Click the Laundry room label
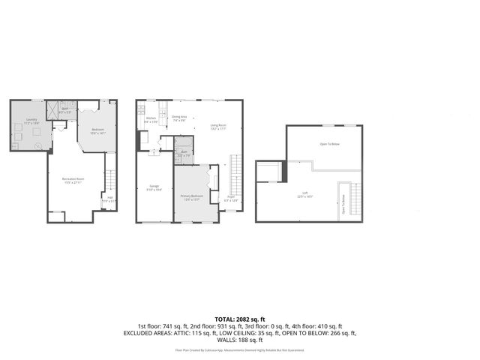(x=31, y=121)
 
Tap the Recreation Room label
(x=73, y=179)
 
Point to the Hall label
(x=109, y=199)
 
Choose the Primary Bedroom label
(x=190, y=197)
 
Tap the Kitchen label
(x=151, y=119)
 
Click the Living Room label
(x=218, y=127)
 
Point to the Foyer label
(x=231, y=199)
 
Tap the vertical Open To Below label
(x=343, y=204)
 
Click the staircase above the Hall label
(x=109, y=181)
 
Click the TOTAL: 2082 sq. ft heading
(x=240, y=320)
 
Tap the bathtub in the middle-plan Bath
(x=184, y=142)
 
